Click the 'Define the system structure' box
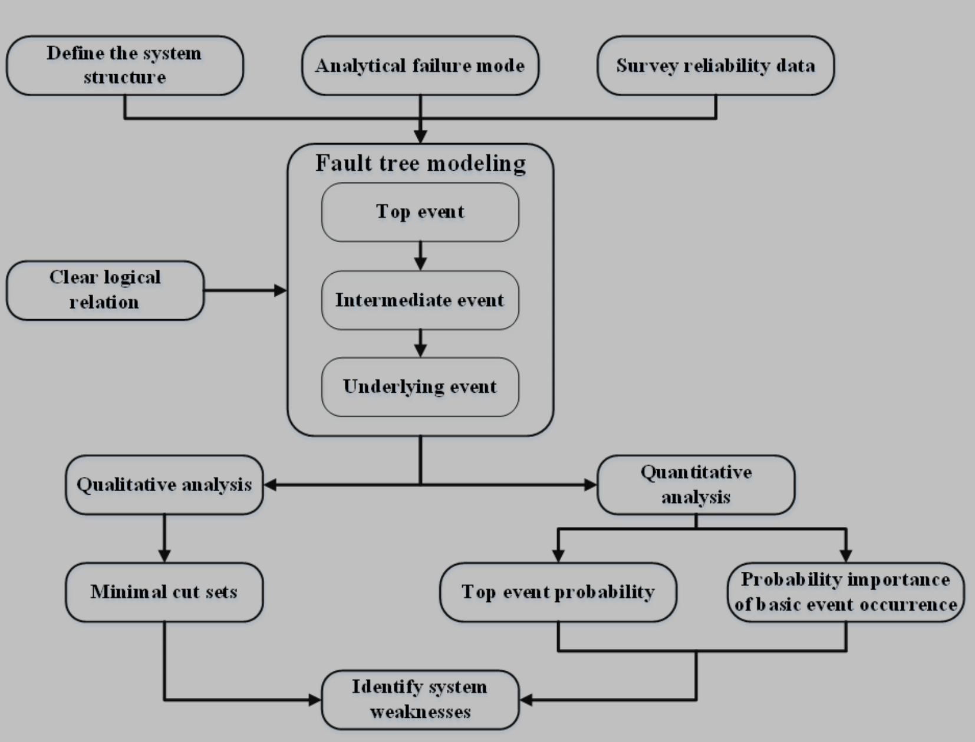124,65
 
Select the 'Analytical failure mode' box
420,65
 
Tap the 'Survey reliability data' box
716,65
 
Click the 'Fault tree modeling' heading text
420,163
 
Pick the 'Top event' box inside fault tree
420,212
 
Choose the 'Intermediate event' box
420,300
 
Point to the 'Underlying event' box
420,387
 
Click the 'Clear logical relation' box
105,290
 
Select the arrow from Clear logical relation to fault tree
245,290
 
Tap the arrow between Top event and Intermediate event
420,256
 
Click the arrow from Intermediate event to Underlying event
420,343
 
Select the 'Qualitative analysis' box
164,485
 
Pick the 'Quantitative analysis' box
696,485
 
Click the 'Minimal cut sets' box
164,592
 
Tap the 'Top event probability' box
558,592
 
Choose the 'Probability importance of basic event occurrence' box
845,592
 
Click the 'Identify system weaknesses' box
420,700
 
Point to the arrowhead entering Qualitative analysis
271,485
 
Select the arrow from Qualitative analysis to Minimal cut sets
164,538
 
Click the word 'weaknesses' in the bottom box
420,712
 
